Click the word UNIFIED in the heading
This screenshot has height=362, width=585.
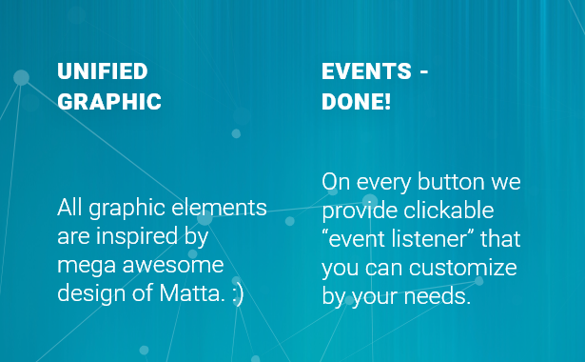coord(103,71)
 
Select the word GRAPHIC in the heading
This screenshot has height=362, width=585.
coord(109,102)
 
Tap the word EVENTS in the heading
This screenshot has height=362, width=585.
coord(367,71)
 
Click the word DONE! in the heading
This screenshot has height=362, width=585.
coord(357,102)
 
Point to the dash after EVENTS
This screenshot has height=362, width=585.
coord(424,71)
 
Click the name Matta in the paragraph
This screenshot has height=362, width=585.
coord(192,292)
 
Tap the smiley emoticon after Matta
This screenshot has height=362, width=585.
coord(238,294)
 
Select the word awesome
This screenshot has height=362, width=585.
coord(173,265)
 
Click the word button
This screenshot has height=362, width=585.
coord(451,182)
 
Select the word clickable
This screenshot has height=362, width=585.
coord(449,211)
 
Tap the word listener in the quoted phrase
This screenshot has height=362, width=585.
coord(429,239)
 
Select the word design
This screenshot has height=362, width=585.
coord(91,294)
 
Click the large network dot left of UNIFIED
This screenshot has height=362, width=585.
coord(21,78)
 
